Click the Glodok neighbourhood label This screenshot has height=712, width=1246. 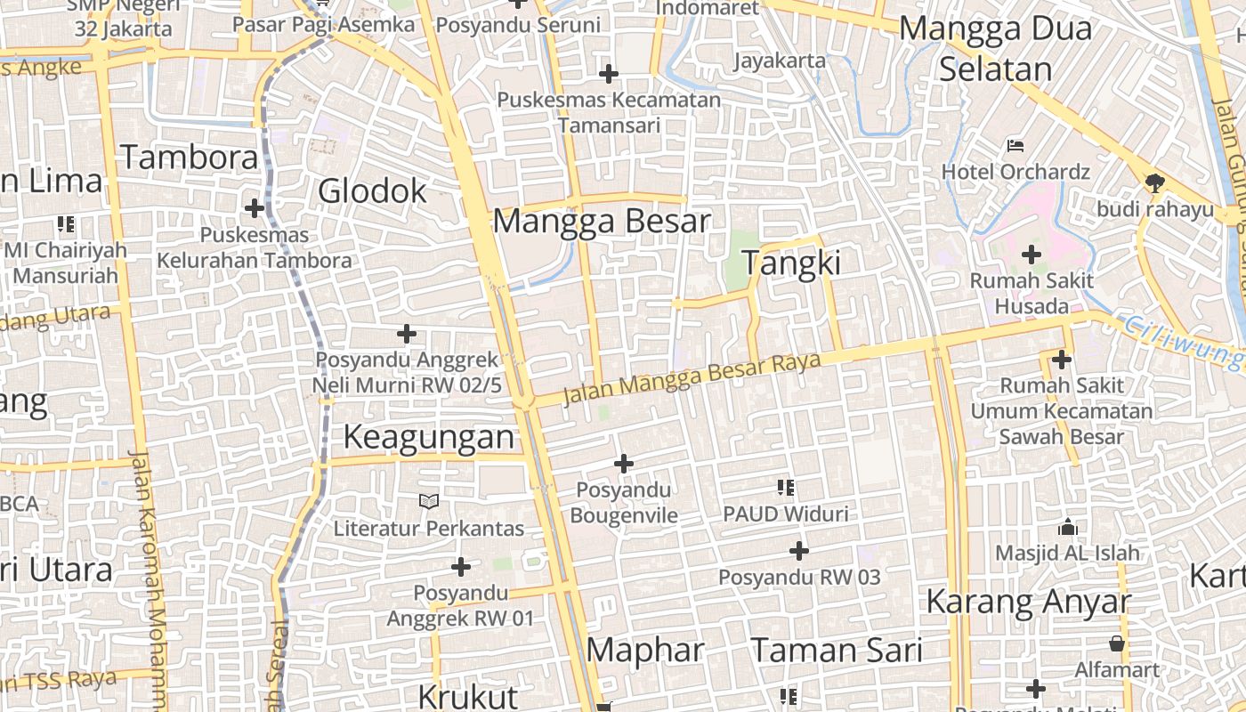click(372, 190)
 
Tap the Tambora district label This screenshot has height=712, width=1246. click(190, 158)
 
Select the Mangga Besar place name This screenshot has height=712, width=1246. click(602, 221)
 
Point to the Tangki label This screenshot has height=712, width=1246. click(791, 263)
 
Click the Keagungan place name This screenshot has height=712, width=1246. click(428, 437)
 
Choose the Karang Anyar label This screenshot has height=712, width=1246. click(1028, 603)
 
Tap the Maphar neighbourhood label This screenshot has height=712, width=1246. click(645, 651)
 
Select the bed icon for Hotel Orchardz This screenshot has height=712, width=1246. click(1015, 145)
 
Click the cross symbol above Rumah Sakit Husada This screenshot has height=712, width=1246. click(1032, 255)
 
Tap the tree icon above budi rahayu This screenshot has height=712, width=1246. click(1154, 183)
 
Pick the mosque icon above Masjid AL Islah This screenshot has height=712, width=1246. click(1068, 527)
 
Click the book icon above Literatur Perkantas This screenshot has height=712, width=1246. click(429, 502)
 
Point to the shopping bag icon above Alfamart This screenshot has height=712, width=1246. click(1117, 643)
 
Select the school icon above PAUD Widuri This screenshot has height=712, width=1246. click(786, 488)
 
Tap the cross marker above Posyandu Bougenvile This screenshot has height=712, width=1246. click(624, 464)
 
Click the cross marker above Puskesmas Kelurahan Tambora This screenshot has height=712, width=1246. click(255, 208)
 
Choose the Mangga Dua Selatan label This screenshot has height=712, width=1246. click(995, 48)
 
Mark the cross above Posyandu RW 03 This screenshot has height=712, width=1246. click(799, 551)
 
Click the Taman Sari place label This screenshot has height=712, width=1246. click(837, 651)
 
